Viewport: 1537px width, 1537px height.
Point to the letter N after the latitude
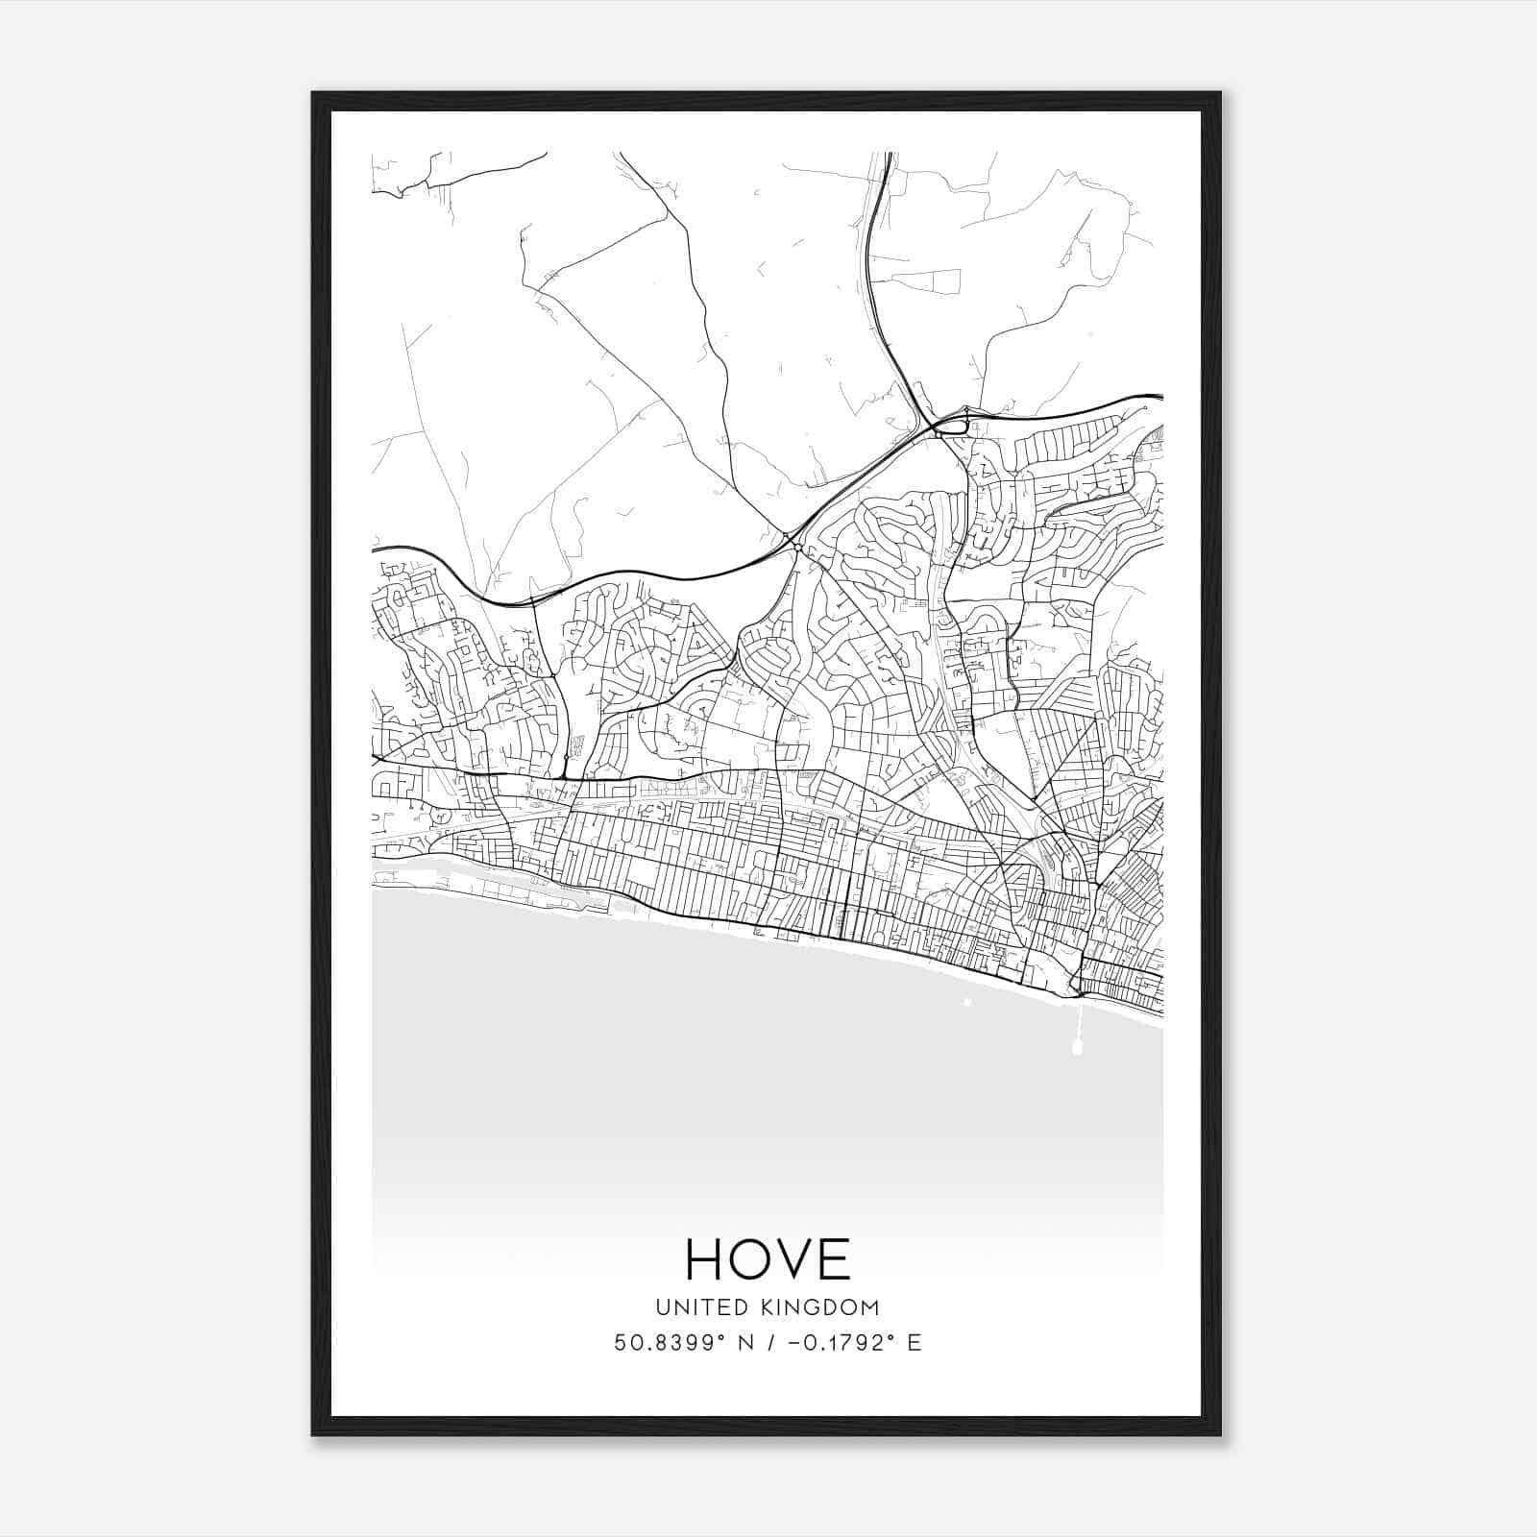point(743,1342)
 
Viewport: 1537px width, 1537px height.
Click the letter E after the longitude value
point(915,1342)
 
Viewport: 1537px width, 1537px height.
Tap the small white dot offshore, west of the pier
point(967,1002)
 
